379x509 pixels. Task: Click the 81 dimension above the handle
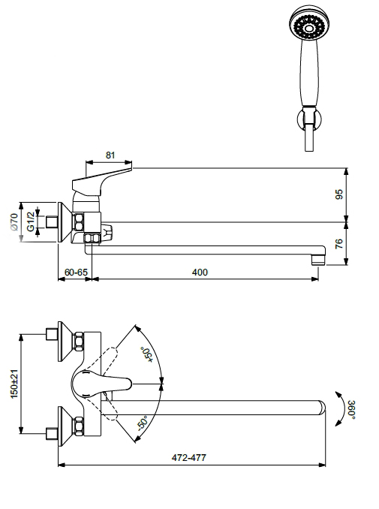click(110, 155)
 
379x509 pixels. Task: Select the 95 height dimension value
click(338, 194)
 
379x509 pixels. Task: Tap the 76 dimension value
click(338, 243)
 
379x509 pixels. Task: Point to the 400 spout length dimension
click(200, 272)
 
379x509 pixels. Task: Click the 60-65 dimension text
click(76, 272)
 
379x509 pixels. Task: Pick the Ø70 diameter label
click(14, 221)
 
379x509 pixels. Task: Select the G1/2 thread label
click(31, 221)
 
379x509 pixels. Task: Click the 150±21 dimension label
click(14, 384)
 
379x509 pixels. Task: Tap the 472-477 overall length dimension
click(188, 458)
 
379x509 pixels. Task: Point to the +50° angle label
click(146, 355)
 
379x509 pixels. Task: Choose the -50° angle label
click(143, 423)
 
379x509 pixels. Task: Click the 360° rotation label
click(352, 410)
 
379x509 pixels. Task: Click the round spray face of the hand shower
click(308, 24)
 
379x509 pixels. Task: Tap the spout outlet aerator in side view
click(318, 260)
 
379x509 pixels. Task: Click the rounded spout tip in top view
click(321, 408)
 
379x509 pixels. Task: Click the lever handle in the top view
click(101, 384)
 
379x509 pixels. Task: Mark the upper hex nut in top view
click(79, 341)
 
